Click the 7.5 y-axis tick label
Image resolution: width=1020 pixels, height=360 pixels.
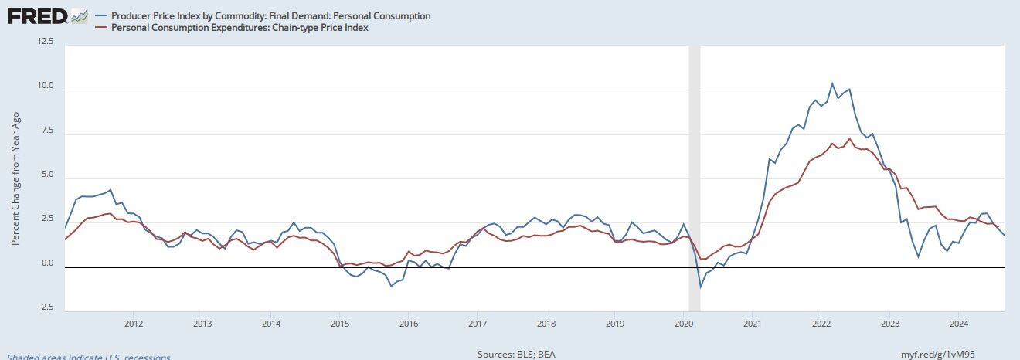[x=46, y=130]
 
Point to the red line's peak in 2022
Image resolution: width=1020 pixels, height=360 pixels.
[x=849, y=139]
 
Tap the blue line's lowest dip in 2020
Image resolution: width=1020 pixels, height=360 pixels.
[x=701, y=287]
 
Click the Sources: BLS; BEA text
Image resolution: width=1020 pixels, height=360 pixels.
[x=516, y=355]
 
